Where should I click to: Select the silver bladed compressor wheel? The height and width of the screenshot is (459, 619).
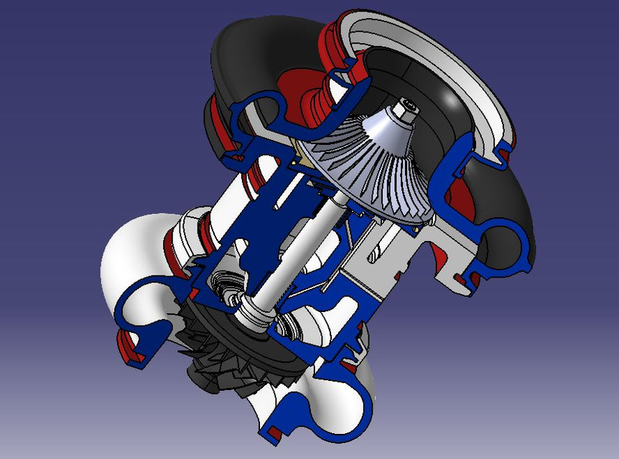point(359,172)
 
